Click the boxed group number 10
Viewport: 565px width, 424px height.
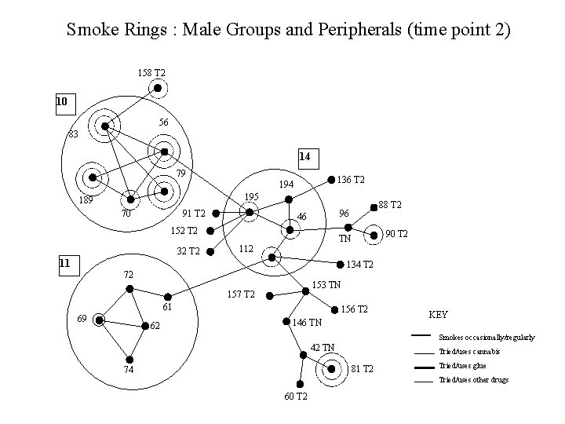click(62, 101)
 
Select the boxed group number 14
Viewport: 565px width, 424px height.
click(304, 157)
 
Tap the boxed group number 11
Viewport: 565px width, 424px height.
click(66, 263)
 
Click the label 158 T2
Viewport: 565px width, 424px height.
click(151, 73)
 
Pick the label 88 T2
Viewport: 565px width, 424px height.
click(390, 205)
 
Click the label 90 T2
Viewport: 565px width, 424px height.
click(397, 233)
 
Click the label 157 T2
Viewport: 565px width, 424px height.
click(240, 294)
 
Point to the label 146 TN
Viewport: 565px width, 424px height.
click(307, 323)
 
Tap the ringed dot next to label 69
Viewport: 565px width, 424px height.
click(99, 320)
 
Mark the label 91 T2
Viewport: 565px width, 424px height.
click(193, 213)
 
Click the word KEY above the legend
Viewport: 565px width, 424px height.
click(438, 314)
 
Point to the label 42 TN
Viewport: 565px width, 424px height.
click(322, 347)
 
